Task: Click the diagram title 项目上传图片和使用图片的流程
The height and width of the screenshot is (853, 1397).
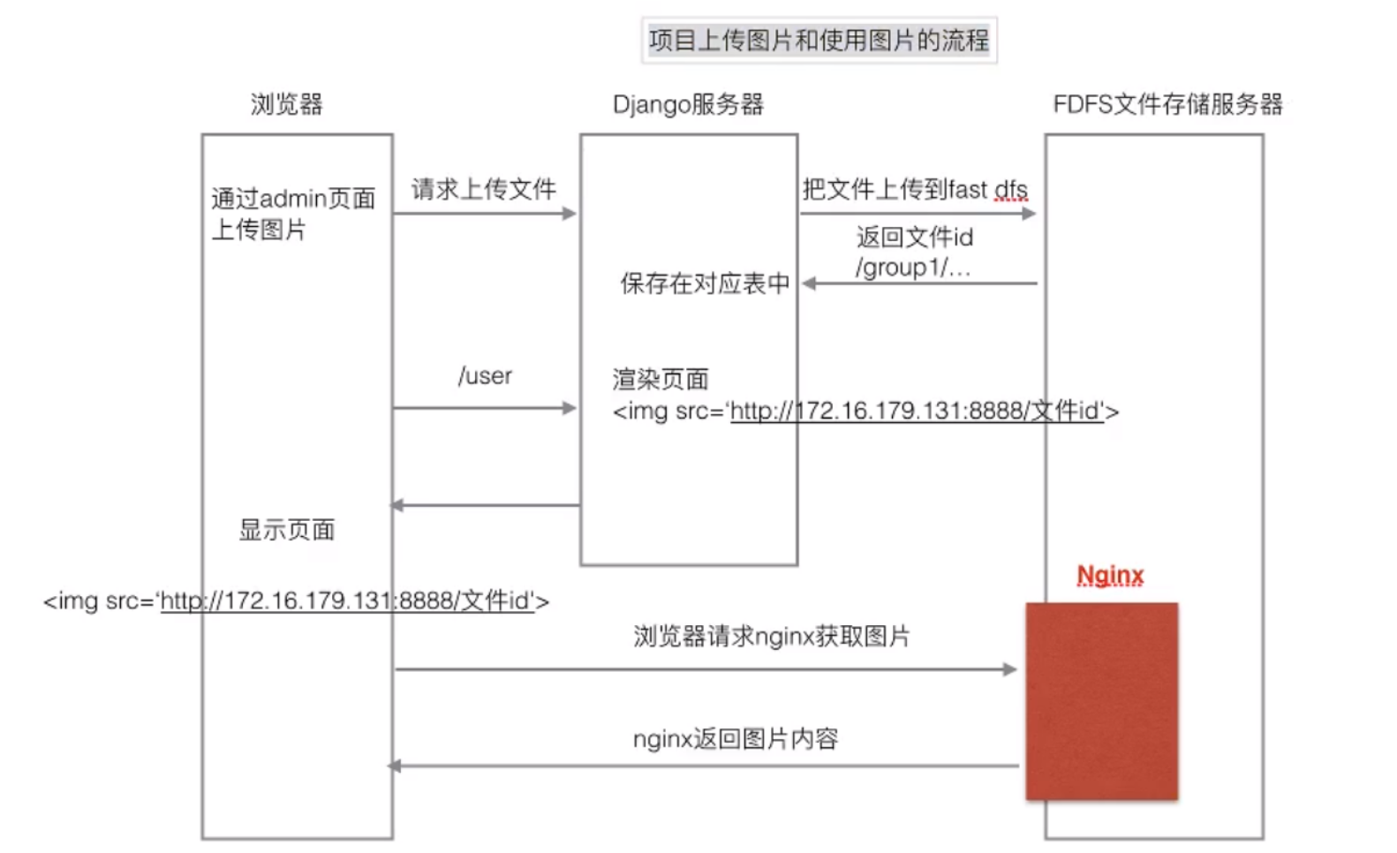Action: [819, 41]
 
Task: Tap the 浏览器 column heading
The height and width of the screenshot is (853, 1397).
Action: [286, 104]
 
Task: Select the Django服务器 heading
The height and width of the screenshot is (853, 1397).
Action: [688, 104]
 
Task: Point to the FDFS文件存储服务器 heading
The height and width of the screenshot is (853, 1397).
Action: [1167, 104]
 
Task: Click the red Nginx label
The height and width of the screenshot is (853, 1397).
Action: [1110, 576]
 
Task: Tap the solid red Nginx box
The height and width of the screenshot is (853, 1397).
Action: [1101, 701]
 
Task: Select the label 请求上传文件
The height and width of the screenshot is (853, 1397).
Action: [483, 189]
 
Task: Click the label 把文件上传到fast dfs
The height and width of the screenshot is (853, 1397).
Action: [914, 190]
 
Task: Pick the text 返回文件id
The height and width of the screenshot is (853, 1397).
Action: [914, 237]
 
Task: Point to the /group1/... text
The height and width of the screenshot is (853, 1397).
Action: [912, 268]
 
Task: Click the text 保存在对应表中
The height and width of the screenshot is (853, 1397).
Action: [704, 283]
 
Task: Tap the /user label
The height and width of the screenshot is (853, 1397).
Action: [485, 376]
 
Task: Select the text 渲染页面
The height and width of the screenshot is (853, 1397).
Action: [661, 380]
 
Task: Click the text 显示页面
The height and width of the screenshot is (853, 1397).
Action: [287, 530]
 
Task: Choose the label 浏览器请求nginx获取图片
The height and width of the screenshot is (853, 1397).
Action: [771, 637]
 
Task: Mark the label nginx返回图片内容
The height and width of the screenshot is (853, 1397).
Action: [735, 739]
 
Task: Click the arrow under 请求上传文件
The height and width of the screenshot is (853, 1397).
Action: [484, 214]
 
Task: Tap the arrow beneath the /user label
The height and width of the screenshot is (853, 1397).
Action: [484, 408]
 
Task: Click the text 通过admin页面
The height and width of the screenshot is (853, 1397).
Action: [293, 199]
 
